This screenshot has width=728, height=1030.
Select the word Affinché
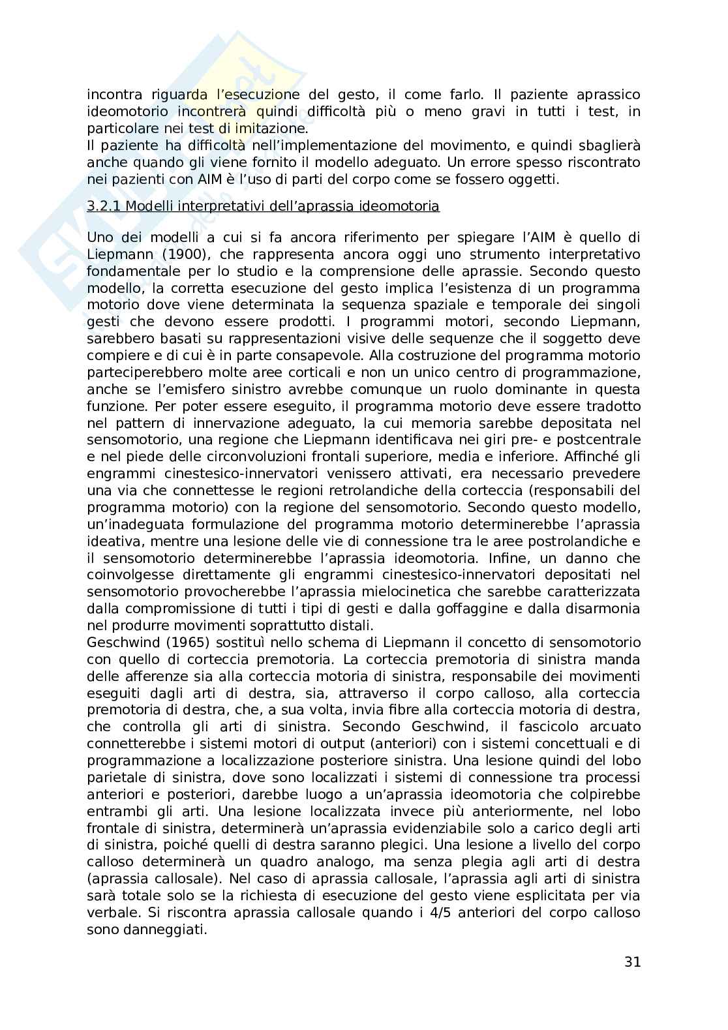click(581, 457)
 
